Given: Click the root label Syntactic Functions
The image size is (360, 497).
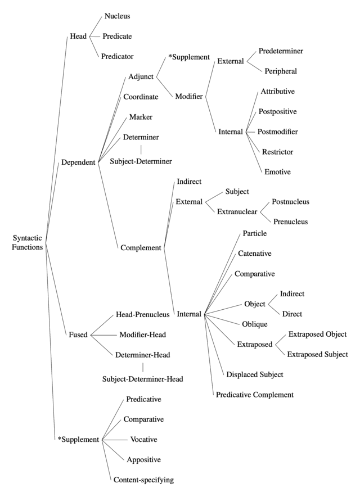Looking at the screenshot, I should coord(28,242).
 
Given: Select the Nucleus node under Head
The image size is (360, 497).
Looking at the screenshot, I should coord(117,16).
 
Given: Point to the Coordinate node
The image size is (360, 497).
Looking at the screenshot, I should coord(141,96).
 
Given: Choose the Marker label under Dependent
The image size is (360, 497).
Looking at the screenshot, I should coord(141,116).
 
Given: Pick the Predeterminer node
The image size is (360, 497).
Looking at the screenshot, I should coord(281,51).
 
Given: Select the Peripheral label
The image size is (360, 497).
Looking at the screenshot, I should coord(282,71).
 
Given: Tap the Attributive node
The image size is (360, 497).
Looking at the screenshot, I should coord(277,91).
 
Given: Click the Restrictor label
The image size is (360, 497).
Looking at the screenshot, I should coord(277,152).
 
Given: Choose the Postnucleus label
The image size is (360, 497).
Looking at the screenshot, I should coord(290,201).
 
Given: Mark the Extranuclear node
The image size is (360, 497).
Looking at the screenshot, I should coord(237,212).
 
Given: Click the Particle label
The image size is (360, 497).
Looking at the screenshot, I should coord(255,233).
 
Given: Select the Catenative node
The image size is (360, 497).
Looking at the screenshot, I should coord(255,254).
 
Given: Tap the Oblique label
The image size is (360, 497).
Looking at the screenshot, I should coord(254,324).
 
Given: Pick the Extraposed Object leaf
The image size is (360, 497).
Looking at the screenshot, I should coord(317,334).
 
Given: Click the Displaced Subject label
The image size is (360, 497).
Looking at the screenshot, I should coord(255,374).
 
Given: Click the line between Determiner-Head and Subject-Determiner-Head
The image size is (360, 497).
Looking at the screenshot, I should coord(143,367).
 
